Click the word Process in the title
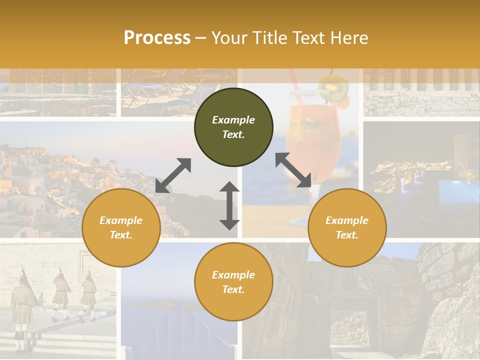(x=157, y=38)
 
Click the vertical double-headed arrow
(x=229, y=205)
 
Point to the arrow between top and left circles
(x=173, y=175)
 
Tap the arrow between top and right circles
(x=293, y=170)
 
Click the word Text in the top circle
(x=233, y=134)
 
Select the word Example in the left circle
(x=121, y=220)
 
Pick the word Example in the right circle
(x=347, y=220)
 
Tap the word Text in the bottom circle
(x=233, y=289)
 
